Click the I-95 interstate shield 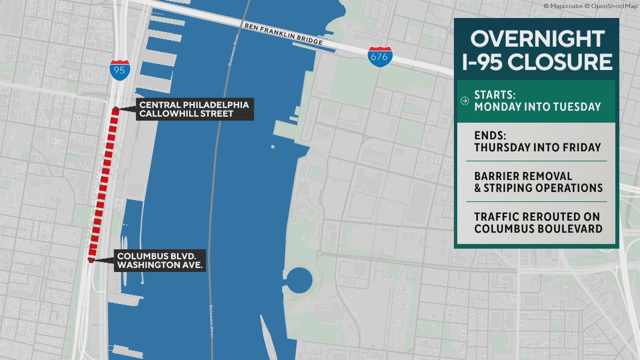(119, 70)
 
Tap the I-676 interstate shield (379, 57)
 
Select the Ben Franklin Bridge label (283, 34)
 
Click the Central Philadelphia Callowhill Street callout (195, 109)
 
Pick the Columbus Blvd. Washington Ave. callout (161, 260)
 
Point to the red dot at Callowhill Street (116, 110)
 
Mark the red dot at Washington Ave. (91, 260)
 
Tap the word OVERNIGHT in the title (537, 40)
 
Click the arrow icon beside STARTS (465, 101)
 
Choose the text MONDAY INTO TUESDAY (537, 107)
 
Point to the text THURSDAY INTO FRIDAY (537, 148)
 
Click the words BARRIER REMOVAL (523, 176)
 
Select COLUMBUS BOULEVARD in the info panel (538, 228)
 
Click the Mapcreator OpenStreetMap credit (590, 6)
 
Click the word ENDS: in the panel (490, 136)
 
